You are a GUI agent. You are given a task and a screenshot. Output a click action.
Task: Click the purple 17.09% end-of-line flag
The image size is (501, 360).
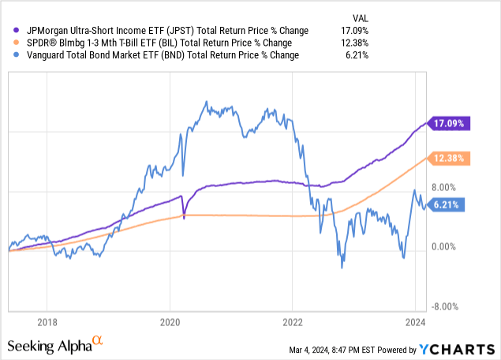click(x=450, y=122)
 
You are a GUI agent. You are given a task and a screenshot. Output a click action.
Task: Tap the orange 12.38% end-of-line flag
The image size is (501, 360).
click(x=450, y=159)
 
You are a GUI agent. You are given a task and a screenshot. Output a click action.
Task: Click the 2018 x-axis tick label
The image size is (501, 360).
click(x=47, y=322)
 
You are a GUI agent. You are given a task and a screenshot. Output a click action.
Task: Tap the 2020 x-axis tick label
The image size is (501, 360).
click(x=170, y=322)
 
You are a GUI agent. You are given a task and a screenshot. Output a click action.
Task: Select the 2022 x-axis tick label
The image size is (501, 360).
click(x=293, y=322)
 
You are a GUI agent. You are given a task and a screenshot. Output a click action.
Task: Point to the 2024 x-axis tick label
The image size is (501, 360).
click(x=416, y=322)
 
